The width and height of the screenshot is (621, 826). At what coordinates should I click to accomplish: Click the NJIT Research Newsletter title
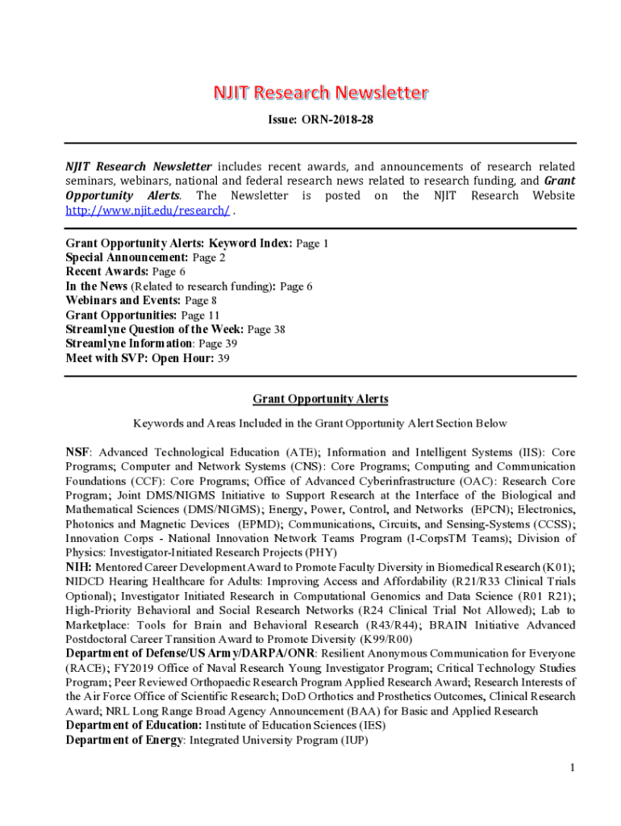320,94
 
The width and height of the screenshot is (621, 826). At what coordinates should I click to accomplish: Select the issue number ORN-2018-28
338,120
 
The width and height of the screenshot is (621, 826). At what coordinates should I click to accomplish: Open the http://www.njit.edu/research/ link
148,211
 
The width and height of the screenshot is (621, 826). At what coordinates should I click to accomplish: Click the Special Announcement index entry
127,257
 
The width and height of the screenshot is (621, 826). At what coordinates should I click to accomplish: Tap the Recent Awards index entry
108,272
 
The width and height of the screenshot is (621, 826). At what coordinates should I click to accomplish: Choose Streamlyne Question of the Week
154,329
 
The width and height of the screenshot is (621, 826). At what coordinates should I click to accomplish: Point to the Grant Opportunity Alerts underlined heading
320,399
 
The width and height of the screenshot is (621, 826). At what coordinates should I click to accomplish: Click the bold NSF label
78,453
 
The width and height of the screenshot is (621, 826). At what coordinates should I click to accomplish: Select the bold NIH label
78,568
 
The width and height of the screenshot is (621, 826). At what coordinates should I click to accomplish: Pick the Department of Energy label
123,740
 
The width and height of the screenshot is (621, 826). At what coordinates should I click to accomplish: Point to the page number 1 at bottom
572,768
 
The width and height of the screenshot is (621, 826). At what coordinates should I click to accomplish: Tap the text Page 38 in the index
266,329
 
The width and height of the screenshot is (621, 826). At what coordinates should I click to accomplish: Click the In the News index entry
97,286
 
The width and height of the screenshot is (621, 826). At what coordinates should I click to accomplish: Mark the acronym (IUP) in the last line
351,740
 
